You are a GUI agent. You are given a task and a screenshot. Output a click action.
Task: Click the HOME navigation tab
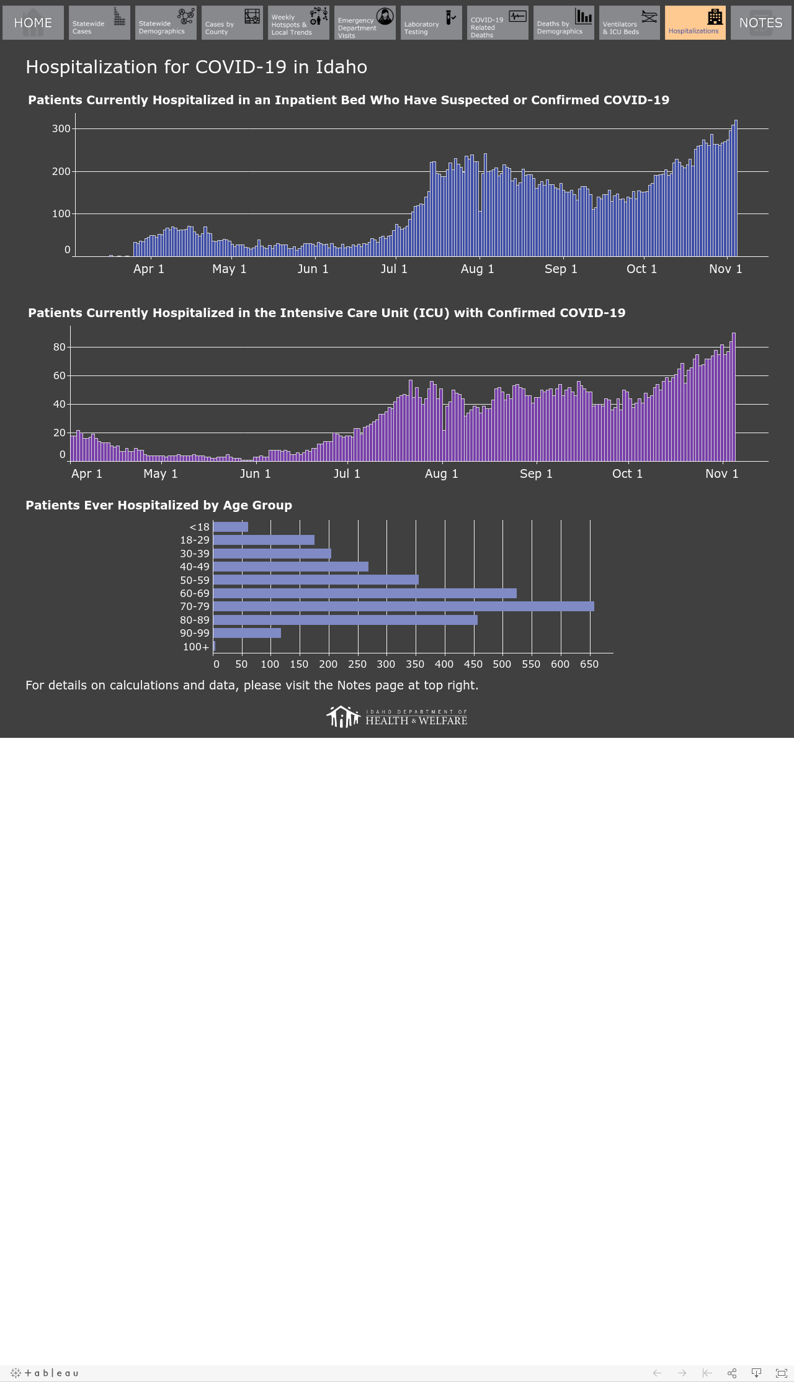[33, 23]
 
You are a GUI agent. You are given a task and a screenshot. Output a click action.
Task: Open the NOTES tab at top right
[761, 23]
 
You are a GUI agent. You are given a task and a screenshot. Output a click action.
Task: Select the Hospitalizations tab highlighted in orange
[695, 23]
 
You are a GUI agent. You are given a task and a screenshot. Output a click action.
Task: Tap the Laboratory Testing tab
[431, 23]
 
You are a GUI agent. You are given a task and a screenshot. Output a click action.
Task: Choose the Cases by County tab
[232, 23]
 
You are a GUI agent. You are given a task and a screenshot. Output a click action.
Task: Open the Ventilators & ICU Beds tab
[630, 23]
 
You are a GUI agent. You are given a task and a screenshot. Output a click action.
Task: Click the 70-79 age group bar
[403, 606]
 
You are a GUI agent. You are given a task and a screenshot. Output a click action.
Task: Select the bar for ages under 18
[230, 527]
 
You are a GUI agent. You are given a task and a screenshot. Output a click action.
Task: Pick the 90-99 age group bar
[247, 633]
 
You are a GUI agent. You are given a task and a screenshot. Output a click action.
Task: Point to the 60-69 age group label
[195, 593]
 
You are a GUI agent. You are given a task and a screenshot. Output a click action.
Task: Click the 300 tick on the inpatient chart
[61, 129]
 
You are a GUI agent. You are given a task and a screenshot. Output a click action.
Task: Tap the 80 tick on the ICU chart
[60, 347]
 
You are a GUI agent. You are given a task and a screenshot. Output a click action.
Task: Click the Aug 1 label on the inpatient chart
[478, 269]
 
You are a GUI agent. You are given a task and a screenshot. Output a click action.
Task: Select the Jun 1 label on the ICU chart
[256, 473]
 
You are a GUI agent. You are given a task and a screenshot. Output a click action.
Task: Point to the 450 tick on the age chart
[473, 664]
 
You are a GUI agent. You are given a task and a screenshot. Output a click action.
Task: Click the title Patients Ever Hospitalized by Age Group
[159, 505]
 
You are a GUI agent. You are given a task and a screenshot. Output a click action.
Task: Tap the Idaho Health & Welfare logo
[397, 717]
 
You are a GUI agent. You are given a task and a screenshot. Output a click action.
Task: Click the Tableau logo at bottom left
[45, 1373]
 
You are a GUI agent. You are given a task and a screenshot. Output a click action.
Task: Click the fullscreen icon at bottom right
[782, 1373]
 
